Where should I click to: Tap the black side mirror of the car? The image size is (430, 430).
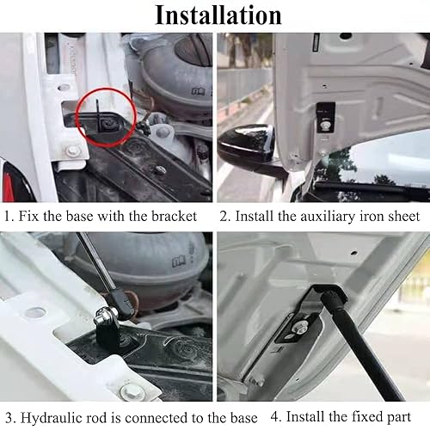250,151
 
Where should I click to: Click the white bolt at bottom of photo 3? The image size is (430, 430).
132,393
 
